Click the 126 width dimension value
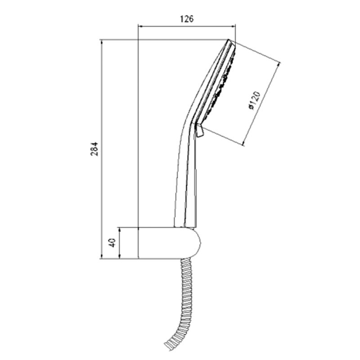[187, 19]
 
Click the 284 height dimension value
[94, 149]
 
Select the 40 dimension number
[112, 243]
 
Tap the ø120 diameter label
[254, 100]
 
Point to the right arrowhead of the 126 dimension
[234, 27]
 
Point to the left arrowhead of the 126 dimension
[140, 27]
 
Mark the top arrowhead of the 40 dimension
[119, 229]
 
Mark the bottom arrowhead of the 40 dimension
[119, 256]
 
